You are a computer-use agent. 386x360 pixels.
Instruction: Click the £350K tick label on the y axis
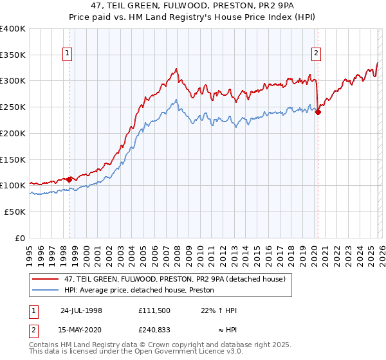[x=13, y=55]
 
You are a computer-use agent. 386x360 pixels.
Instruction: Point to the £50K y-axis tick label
[x=15, y=212]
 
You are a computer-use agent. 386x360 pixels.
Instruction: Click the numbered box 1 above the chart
[x=68, y=53]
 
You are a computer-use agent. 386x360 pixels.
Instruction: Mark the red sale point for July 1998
[x=69, y=179]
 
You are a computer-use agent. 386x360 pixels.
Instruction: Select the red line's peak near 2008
[x=176, y=68]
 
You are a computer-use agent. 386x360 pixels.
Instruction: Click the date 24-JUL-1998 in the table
[x=81, y=310]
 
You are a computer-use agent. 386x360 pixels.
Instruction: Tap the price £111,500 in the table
[x=154, y=310]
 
